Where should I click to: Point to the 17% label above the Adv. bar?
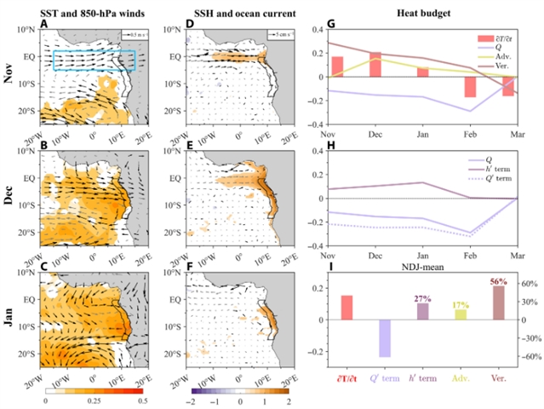coord(460,305)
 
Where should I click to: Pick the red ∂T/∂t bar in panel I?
coord(346,308)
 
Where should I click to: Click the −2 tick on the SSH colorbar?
coord(192,399)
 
